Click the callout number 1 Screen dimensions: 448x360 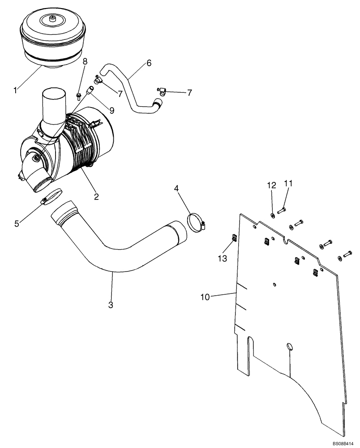point(15,90)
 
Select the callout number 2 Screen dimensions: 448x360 point(96,195)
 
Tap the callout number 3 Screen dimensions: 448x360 point(111,305)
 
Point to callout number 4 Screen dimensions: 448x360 point(177,189)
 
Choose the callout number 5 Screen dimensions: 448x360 point(17,223)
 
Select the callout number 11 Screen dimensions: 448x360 point(288,184)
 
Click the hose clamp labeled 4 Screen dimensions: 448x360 point(196,223)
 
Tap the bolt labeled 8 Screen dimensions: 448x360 point(79,95)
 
